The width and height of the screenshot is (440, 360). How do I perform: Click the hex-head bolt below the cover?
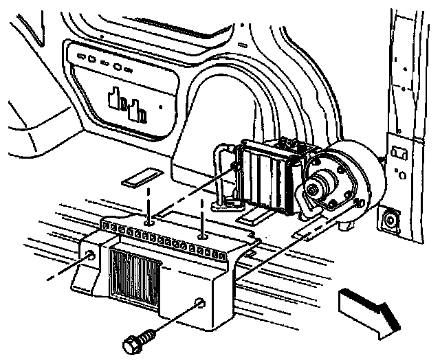click(x=136, y=341)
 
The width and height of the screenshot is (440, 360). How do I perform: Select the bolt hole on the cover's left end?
click(x=91, y=257)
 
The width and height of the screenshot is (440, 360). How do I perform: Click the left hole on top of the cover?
click(x=148, y=222)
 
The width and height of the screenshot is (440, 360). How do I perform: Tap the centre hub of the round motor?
click(x=320, y=188)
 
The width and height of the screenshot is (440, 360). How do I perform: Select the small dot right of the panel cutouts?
click(x=159, y=106)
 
